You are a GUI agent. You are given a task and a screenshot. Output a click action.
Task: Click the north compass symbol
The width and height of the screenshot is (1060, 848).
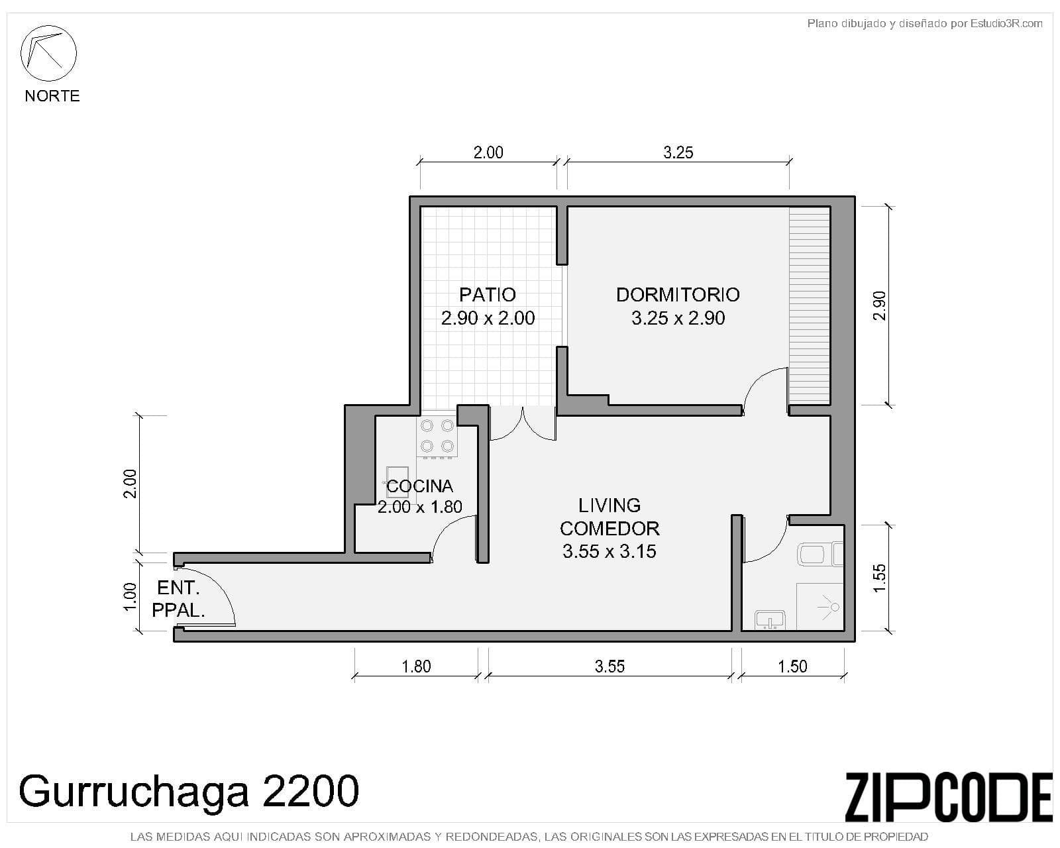tap(48, 53)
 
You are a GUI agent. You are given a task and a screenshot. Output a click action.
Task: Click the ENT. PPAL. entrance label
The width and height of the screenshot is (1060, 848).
tap(178, 599)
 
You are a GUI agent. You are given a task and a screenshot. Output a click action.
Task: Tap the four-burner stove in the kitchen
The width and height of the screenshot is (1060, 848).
tap(437, 436)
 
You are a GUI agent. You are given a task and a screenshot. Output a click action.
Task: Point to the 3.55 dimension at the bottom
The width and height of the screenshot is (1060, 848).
tap(609, 666)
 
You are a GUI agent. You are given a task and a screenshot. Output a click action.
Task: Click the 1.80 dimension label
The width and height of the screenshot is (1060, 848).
tap(416, 666)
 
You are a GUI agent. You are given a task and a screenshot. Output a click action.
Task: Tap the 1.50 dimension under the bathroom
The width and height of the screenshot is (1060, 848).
tap(792, 666)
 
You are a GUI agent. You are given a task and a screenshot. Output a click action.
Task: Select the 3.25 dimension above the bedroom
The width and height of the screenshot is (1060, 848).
tap(678, 153)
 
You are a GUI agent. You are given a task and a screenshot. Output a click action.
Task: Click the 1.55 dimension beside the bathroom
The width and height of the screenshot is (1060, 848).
tap(880, 578)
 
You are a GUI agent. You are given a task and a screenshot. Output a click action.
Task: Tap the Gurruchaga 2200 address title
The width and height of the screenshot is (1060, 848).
tap(189, 790)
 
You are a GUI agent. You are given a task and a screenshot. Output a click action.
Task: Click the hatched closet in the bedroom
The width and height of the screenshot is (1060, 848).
tap(809, 305)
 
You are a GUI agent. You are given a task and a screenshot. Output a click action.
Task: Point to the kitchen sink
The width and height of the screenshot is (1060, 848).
tap(397, 482)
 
